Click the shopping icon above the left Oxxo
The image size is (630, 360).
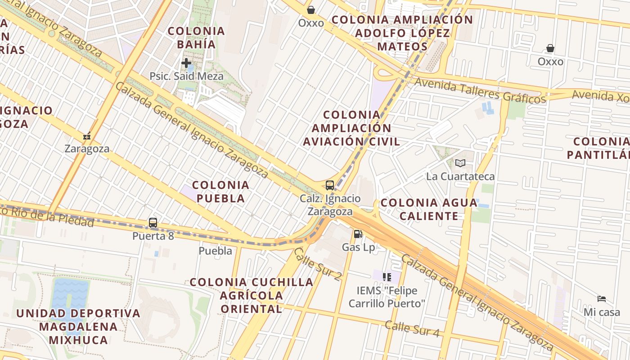[310, 9]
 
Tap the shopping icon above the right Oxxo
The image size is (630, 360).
[550, 48]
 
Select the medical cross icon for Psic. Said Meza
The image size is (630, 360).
[186, 63]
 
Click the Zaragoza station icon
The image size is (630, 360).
[87, 135]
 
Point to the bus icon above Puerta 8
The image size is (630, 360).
[153, 222]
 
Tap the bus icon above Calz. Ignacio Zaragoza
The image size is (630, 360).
[330, 185]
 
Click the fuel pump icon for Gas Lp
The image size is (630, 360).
[358, 234]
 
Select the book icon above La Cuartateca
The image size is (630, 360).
[460, 163]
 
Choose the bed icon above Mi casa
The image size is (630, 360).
[602, 298]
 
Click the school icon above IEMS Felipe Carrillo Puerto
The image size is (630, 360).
[387, 277]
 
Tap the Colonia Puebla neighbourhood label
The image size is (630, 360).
[220, 191]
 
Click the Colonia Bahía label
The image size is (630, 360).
[196, 37]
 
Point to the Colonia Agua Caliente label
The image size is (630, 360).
[429, 209]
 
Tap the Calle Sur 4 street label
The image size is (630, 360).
[412, 328]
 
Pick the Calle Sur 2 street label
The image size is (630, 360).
[317, 263]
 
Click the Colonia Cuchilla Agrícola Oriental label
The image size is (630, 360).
[252, 295]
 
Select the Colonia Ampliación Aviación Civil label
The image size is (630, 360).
[351, 128]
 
